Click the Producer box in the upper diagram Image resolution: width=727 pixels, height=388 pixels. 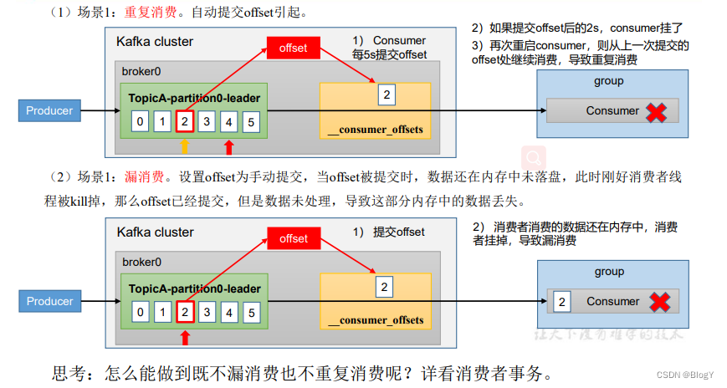pos(49,110)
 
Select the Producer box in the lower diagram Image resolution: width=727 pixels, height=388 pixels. pos(49,301)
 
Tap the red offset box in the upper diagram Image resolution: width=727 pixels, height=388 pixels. pos(294,48)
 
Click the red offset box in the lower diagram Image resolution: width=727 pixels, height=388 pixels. pos(294,239)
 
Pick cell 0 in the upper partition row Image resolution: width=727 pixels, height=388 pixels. pos(141,122)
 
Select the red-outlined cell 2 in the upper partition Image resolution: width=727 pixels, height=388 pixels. pos(185,122)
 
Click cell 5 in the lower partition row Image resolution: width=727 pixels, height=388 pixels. pos(251,313)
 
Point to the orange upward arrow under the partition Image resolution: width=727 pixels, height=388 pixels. pos(185,146)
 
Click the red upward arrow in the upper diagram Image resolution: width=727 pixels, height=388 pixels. pos(228,147)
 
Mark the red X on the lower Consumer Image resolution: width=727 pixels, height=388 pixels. pos(661,302)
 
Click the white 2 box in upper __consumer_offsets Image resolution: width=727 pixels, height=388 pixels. pos(386,94)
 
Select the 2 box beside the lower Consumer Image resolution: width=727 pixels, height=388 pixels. pos(562,302)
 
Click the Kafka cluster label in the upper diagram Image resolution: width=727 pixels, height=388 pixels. pos(155,41)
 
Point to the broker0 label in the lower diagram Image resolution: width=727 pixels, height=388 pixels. pos(142,262)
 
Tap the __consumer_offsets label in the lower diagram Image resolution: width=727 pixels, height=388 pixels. pos(376,319)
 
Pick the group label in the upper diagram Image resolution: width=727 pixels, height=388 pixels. pos(608,81)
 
